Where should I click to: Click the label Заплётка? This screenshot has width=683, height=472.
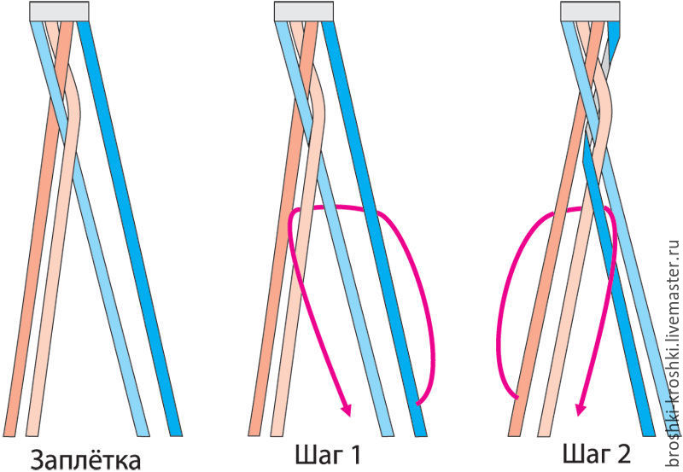coord(86,460)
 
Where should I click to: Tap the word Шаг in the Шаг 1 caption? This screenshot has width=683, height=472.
coord(317,455)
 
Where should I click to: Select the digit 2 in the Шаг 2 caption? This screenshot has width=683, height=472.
coord(622,454)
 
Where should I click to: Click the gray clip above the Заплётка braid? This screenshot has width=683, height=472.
coord(59,11)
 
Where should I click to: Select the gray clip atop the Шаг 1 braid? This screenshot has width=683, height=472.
coord(304,11)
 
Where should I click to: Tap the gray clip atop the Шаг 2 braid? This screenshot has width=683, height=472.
coord(590,11)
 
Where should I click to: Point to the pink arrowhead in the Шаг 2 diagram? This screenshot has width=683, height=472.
coord(581,410)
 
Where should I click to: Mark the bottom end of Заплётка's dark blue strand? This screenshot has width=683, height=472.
coord(175,435)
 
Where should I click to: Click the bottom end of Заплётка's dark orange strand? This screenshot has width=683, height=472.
coord(9,435)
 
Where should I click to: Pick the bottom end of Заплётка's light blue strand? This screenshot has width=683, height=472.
coord(143,435)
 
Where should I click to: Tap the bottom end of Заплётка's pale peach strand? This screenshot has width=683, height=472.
coord(32,435)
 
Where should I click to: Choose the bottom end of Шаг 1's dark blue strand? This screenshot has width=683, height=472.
coord(420,435)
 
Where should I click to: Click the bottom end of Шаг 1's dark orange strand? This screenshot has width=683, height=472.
coord(254,435)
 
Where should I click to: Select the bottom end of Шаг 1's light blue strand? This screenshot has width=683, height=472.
coord(388,435)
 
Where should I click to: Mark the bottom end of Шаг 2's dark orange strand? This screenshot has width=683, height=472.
coord(515,435)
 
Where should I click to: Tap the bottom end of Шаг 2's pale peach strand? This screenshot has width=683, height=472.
coord(545,435)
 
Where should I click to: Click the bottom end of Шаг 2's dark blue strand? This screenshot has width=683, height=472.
coord(648,435)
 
